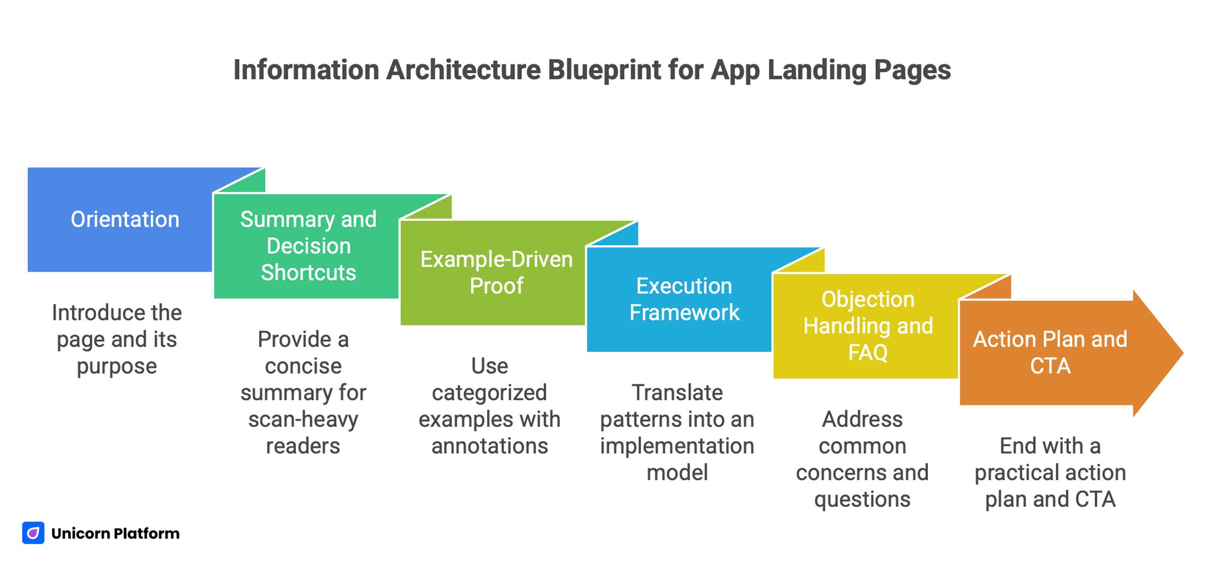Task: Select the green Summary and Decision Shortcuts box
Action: (x=307, y=246)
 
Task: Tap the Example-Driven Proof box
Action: (x=495, y=273)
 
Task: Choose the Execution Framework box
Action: (x=684, y=300)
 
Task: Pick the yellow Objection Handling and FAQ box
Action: (x=867, y=326)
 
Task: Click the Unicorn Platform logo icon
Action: (x=33, y=533)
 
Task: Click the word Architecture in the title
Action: (x=463, y=70)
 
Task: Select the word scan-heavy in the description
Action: (x=303, y=419)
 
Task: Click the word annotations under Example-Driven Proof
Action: (x=489, y=446)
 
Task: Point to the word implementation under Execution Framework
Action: (x=677, y=446)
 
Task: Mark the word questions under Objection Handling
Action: (x=862, y=499)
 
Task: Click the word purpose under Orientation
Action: (x=117, y=366)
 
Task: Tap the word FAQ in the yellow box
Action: (x=868, y=353)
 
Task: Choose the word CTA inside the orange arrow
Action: (x=1050, y=366)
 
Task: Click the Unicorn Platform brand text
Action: (x=115, y=533)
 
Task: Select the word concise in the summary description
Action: (x=303, y=366)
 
